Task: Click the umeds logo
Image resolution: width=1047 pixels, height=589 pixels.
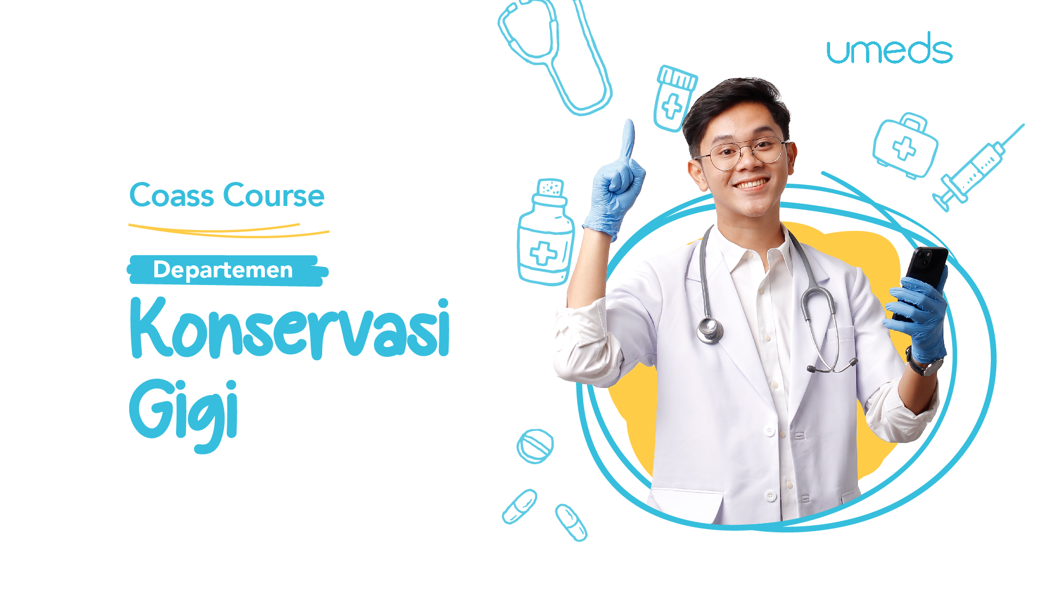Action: click(889, 48)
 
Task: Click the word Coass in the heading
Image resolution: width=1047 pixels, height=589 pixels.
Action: click(172, 195)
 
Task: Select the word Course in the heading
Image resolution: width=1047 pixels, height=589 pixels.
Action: click(274, 195)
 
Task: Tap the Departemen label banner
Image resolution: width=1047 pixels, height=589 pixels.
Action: click(227, 270)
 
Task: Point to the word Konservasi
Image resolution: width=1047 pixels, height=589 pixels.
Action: click(290, 328)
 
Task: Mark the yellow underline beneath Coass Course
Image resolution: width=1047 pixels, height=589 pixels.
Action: click(229, 231)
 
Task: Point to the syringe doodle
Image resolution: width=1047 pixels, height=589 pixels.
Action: click(977, 168)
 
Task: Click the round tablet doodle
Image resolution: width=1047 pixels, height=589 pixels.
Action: click(535, 446)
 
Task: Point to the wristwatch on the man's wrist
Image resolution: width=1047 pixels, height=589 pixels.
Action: click(924, 364)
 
